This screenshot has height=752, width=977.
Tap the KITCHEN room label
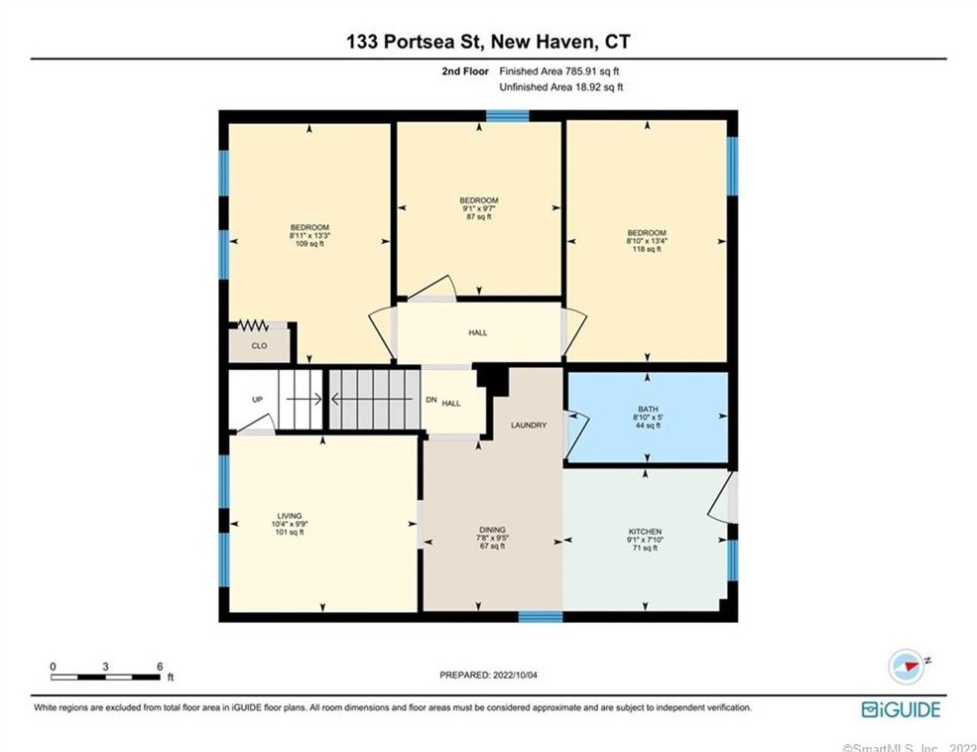[645, 532]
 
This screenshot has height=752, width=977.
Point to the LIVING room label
[290, 516]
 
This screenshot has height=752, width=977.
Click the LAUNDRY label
[529, 425]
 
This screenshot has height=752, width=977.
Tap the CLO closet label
[259, 346]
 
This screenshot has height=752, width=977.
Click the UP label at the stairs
[257, 400]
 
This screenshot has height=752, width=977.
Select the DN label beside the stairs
[429, 401]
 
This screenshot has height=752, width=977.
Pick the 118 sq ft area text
[646, 249]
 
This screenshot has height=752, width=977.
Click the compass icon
[906, 667]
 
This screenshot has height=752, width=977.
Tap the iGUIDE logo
[901, 708]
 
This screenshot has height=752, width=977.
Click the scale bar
[106, 677]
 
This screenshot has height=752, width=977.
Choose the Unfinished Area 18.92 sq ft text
[560, 87]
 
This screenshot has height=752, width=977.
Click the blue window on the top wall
[507, 116]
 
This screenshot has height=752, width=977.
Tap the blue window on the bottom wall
[541, 616]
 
